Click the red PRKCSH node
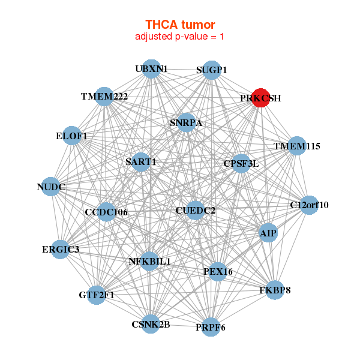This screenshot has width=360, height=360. coord(260,98)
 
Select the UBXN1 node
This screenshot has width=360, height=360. coord(151,69)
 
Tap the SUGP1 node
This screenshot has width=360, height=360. coord(211,70)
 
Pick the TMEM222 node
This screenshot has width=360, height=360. coord(104,97)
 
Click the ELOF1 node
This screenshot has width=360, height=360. coord(72,136)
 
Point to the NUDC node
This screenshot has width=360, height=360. coord(52,187)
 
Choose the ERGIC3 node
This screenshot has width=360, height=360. coord(60,249)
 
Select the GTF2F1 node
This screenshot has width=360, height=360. coord(97,295)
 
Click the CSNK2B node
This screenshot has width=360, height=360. coord(151,324)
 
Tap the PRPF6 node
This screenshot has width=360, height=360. coord(211,327)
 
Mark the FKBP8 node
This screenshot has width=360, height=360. coord(275,290)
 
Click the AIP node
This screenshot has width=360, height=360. coord(268,233)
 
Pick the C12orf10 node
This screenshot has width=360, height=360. coord(308,205)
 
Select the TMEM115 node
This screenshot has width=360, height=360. coord(297,146)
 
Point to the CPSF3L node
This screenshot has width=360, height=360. coord(241,163)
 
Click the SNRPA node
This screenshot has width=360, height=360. coord(186,123)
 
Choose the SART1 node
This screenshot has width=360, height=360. coord(141,162)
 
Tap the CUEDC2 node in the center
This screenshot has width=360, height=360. coord(195,211)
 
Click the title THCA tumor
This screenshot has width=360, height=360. coord(180,25)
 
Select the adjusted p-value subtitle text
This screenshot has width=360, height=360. coord(180,37)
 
